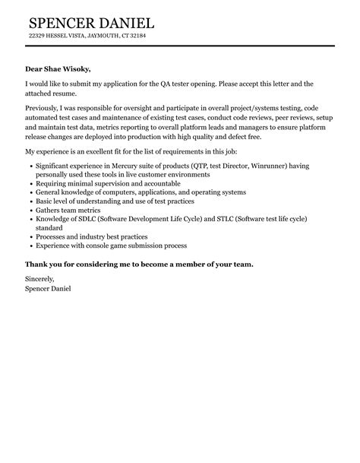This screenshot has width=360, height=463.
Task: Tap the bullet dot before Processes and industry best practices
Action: [30, 236]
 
